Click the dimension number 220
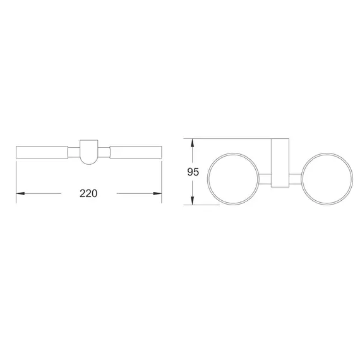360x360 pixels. [x=88, y=194]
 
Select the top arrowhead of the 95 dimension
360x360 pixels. [x=191, y=143]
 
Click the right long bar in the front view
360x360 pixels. [x=136, y=152]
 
